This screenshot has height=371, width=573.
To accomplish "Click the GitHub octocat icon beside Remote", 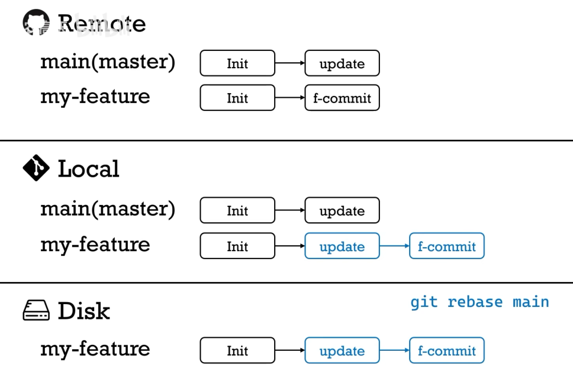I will click(x=36, y=22).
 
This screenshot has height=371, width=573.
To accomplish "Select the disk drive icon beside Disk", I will click(x=36, y=311).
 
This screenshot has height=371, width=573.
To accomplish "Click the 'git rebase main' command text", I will click(x=479, y=302).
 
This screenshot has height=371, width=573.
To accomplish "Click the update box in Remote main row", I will click(x=342, y=63).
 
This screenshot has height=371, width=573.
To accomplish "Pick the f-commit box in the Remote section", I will click(x=342, y=98).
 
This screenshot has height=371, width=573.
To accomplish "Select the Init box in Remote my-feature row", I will click(x=237, y=98).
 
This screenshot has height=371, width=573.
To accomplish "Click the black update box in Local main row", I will click(x=342, y=210).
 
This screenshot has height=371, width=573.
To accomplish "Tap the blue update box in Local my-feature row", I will click(x=342, y=246).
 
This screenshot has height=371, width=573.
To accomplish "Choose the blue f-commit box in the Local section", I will click(x=446, y=246).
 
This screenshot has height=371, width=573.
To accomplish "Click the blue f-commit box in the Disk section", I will click(x=446, y=350).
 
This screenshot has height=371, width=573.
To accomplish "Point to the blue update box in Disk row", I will click(x=342, y=350).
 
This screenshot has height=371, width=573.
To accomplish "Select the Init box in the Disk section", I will click(x=237, y=350).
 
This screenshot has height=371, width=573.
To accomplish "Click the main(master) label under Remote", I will click(x=108, y=62).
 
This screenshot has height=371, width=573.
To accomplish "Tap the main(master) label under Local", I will click(x=108, y=209).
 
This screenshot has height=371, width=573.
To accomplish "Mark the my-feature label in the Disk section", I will click(x=95, y=348).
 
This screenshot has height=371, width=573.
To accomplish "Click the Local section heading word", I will click(x=88, y=169).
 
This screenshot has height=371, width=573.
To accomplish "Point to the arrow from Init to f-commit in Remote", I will click(x=290, y=98).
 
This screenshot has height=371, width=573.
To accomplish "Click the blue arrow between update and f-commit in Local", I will click(x=394, y=246).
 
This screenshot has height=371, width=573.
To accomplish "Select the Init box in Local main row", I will click(x=237, y=210).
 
